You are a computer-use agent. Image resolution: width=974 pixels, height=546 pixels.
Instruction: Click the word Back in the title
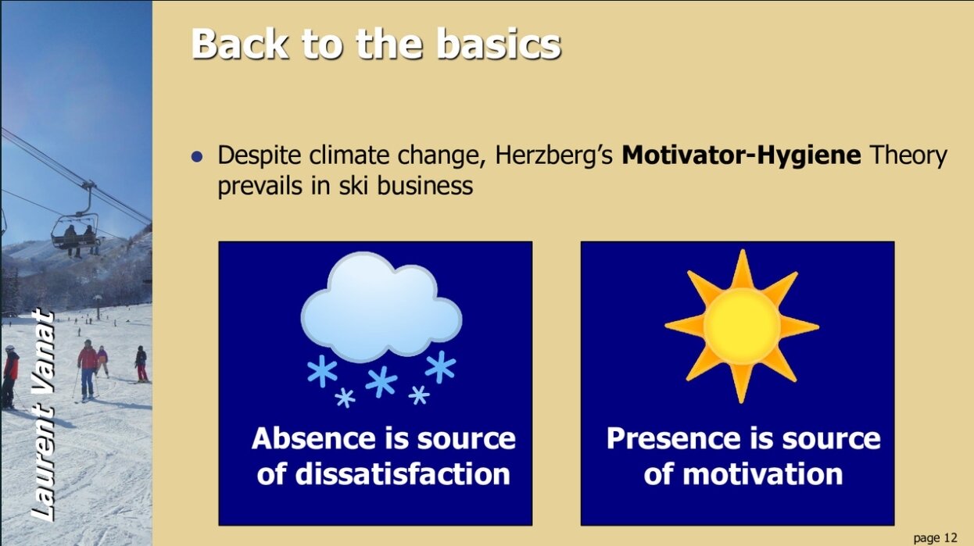point(239,44)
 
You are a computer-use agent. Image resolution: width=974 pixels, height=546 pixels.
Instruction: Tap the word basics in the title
point(498,44)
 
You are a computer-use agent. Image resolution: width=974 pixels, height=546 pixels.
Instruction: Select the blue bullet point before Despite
point(197,156)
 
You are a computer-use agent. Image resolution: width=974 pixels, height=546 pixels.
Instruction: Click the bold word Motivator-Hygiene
point(741,155)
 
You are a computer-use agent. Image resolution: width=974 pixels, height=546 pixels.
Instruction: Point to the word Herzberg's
point(554,155)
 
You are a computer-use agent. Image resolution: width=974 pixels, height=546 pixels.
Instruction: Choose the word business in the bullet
point(424,185)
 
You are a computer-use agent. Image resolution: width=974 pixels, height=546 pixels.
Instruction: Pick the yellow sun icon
point(742,327)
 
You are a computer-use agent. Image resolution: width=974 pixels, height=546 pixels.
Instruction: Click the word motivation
point(763,474)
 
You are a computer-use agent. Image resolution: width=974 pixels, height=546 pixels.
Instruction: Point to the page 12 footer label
point(935,537)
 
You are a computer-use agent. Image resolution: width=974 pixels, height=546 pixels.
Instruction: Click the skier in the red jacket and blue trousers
point(88,369)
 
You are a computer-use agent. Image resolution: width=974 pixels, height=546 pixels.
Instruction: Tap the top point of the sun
point(743,249)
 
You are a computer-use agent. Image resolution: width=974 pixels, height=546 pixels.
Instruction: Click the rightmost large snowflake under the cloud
point(440,367)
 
